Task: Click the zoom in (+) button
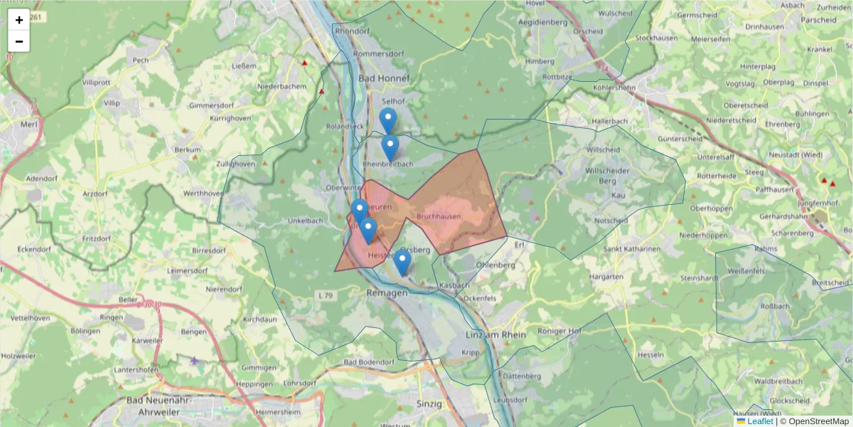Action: (19, 20)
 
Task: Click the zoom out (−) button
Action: (19, 41)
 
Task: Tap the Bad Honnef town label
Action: (384, 78)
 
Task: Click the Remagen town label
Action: (387, 293)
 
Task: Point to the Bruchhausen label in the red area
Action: (439, 216)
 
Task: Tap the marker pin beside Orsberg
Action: (402, 261)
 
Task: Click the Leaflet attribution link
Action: (760, 421)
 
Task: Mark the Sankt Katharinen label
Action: (632, 249)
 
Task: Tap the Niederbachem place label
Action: (282, 86)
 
